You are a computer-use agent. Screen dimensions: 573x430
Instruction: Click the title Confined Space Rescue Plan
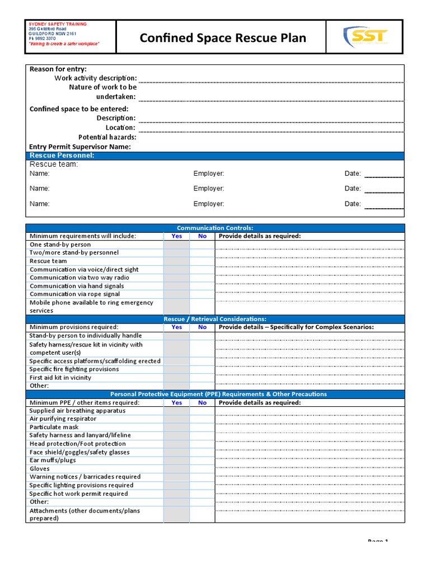click(223, 38)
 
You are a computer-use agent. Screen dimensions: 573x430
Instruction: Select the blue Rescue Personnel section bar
click(215, 156)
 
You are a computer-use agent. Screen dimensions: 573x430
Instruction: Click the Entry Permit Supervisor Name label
click(80, 147)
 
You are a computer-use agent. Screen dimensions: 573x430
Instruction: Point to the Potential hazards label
click(107, 137)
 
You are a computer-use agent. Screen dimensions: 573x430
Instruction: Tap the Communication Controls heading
click(215, 228)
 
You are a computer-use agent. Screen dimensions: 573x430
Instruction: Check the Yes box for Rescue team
click(176, 261)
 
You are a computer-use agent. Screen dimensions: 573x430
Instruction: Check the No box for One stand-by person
click(202, 245)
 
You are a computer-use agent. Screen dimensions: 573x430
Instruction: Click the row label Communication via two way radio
click(80, 278)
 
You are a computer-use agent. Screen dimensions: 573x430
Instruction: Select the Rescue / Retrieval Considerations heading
click(215, 319)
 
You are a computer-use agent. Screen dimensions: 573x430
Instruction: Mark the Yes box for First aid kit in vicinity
click(176, 378)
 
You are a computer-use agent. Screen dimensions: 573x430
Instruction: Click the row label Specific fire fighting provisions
click(74, 369)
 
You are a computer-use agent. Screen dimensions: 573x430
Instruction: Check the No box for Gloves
click(202, 469)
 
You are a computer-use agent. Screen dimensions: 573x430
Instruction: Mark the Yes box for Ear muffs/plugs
click(176, 461)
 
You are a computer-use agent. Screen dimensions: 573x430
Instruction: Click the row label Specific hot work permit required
click(78, 494)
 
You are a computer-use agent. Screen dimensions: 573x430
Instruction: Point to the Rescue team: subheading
click(54, 165)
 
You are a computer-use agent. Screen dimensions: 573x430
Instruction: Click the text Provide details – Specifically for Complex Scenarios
click(296, 327)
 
